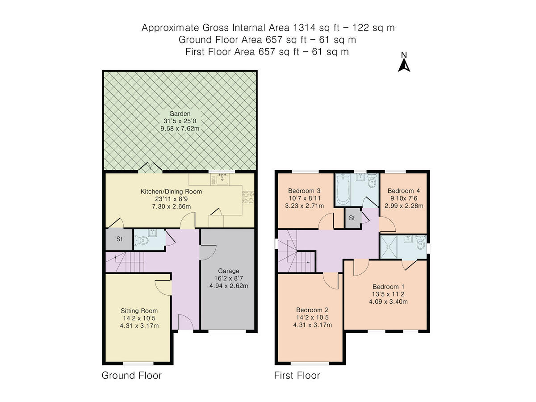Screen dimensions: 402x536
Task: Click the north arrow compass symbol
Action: [404, 63]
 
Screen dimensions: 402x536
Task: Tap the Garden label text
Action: [180, 113]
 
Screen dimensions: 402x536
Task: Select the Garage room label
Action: [229, 271]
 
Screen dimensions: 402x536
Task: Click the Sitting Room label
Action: [139, 310]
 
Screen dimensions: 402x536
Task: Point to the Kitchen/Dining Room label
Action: [172, 192]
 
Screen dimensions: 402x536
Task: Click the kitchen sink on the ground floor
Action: [222, 180]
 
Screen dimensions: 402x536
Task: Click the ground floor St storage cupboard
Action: [119, 239]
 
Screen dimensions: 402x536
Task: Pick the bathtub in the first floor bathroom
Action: [343, 191]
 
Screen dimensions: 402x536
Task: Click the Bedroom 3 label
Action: [301, 191]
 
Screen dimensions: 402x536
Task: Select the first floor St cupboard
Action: [352, 218]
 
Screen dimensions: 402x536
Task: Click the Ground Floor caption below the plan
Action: [131, 375]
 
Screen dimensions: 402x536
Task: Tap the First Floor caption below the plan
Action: [297, 375]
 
